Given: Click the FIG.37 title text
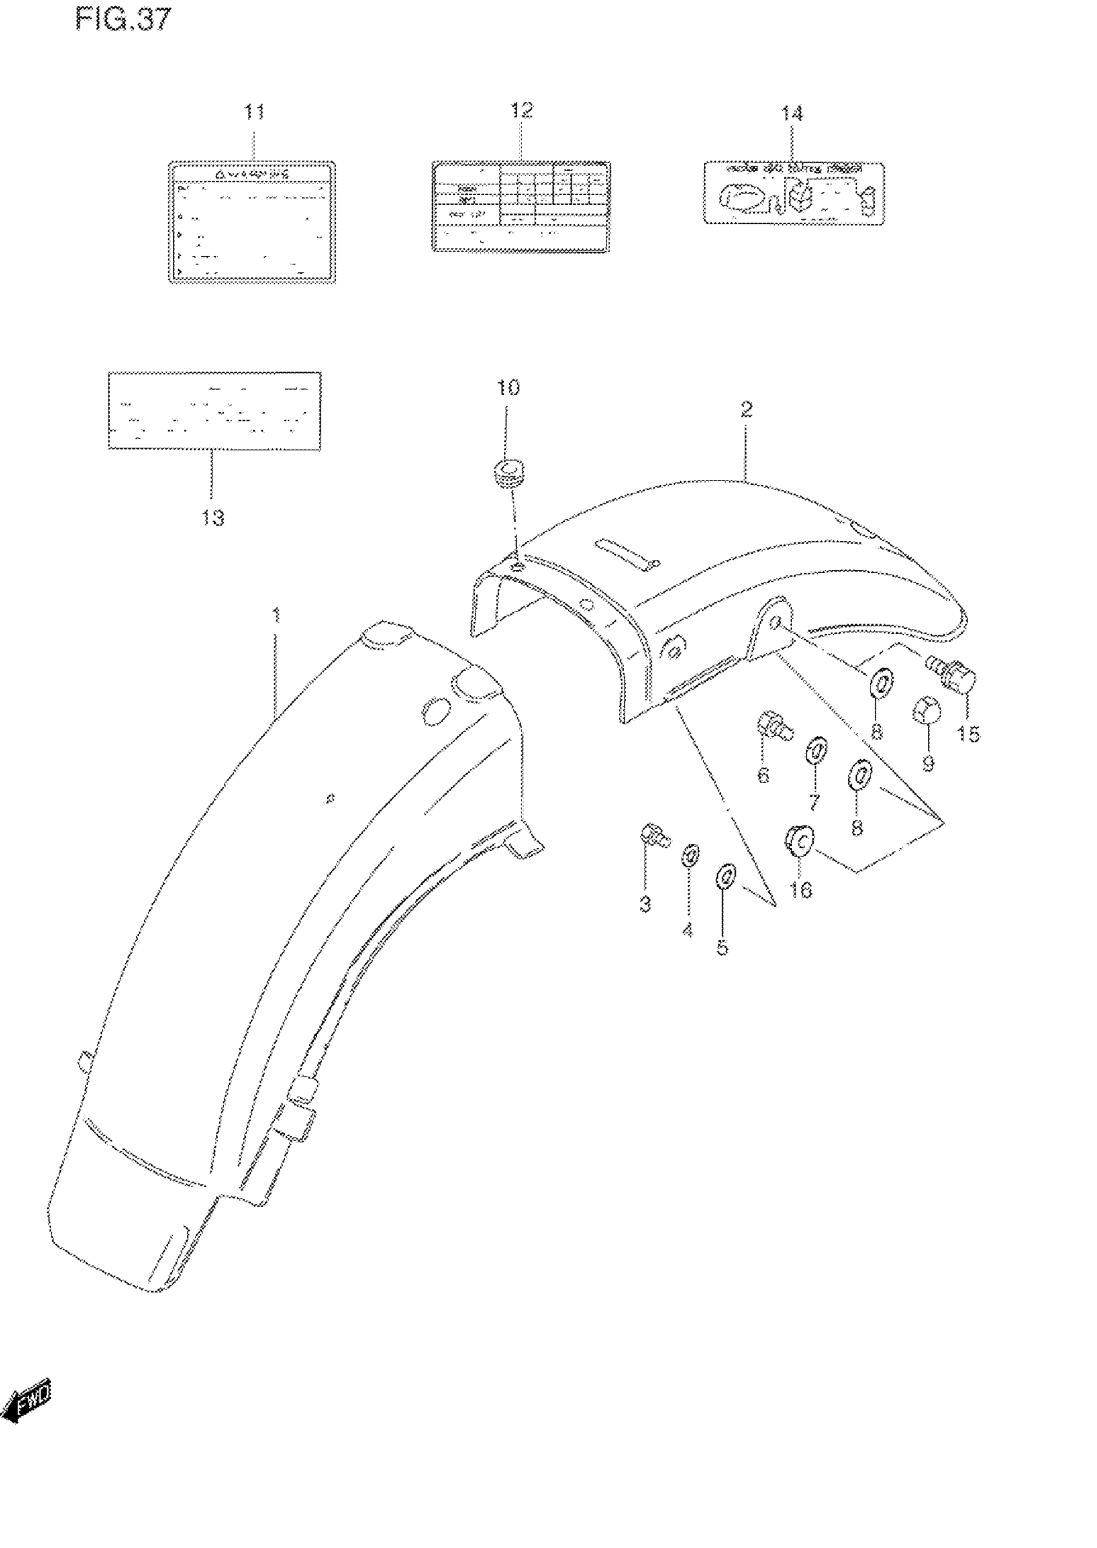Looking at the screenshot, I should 124,19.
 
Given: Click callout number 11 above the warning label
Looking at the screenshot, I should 254,112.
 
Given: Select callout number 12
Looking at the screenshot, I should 521,110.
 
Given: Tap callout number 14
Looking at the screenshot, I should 792,114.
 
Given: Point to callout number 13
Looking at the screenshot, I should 212,518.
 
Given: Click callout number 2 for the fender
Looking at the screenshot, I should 746,409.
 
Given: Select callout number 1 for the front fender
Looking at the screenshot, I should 276,615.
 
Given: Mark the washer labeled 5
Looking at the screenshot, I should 726,878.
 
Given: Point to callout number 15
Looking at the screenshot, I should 969,734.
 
